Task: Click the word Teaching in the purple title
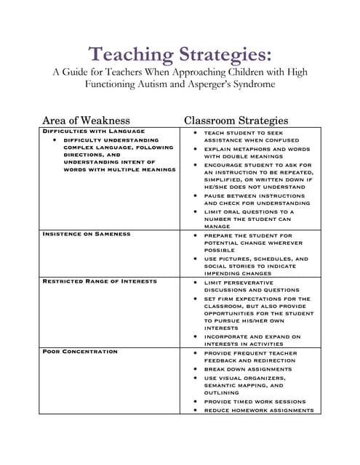(129, 54)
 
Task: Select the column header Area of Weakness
(86, 120)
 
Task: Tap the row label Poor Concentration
(80, 352)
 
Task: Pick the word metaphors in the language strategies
(255, 148)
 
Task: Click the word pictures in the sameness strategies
(234, 259)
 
